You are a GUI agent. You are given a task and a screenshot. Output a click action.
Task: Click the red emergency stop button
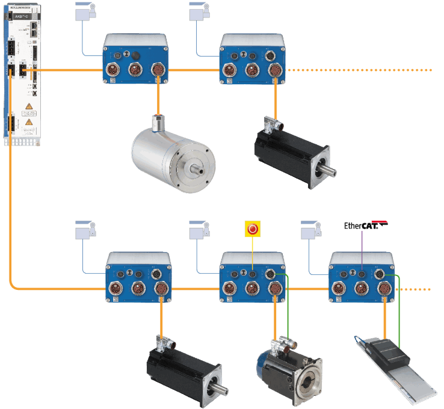coord(253,229)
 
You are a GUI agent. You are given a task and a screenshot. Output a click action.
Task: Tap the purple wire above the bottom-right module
coord(362,241)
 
